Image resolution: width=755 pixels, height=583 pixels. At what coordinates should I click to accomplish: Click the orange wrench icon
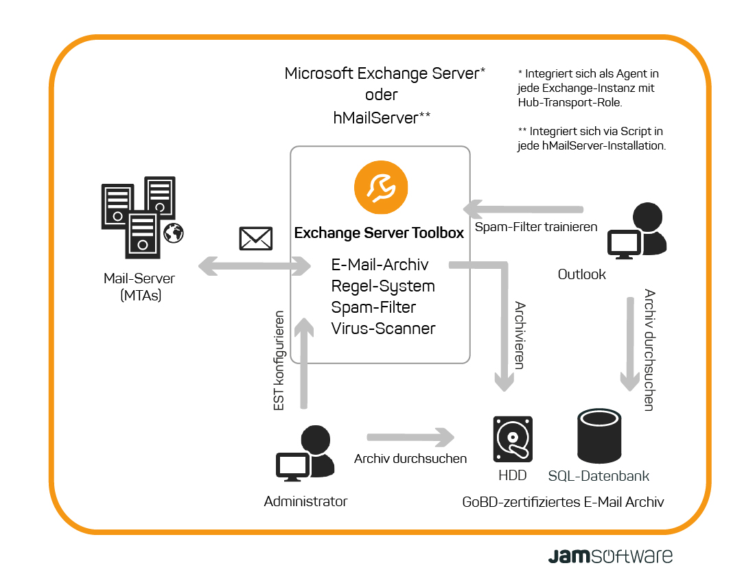click(381, 187)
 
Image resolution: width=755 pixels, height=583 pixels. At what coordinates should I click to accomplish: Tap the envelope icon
click(256, 238)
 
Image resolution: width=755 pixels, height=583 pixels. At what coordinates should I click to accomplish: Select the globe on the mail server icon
click(174, 233)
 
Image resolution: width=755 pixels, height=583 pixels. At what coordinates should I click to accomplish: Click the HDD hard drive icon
click(513, 439)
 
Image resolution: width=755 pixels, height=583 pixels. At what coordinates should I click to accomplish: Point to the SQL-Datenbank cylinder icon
click(599, 436)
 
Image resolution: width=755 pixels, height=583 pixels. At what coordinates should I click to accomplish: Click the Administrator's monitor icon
click(293, 466)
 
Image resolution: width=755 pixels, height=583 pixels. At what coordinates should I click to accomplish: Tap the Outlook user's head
click(648, 217)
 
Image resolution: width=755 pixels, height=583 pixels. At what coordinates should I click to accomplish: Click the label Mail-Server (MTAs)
click(139, 287)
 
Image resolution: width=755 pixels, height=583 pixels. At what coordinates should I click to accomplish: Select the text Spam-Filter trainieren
click(536, 227)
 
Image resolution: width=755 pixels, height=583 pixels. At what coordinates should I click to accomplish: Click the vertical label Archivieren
click(520, 335)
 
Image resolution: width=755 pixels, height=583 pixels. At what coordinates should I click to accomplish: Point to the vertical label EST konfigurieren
click(278, 360)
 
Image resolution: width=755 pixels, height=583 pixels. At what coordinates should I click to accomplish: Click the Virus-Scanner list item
click(383, 329)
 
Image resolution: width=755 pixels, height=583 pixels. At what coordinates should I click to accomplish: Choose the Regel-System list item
click(383, 287)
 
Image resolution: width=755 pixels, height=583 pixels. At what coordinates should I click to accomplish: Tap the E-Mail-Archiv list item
click(380, 265)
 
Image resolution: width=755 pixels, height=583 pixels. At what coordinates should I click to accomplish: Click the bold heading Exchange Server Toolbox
click(379, 233)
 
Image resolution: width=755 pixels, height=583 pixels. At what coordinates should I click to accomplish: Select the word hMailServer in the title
click(375, 118)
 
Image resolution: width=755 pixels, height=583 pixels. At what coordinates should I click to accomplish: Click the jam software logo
click(610, 556)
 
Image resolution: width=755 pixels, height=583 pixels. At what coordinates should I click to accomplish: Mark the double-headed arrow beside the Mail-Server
click(255, 266)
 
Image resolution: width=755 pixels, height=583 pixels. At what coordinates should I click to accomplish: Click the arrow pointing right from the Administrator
click(410, 438)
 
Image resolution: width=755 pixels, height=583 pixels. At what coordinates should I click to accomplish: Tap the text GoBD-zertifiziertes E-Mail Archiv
click(563, 502)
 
